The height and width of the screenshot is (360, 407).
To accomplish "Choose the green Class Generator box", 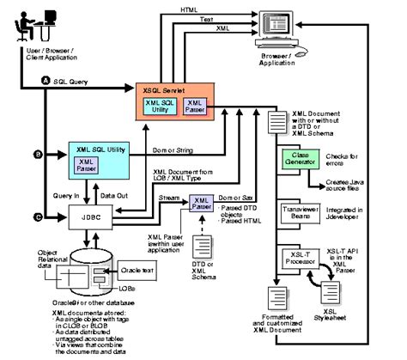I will point(300,160).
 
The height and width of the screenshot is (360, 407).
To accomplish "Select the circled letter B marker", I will point(38,155).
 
